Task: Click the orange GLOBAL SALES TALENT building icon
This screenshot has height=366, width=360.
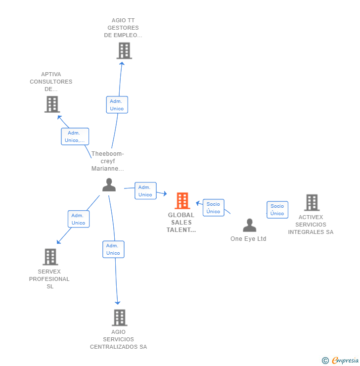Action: point(182,201)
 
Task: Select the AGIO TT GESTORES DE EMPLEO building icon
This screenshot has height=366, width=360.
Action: point(124,50)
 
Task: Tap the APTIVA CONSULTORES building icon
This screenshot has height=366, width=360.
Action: point(52,104)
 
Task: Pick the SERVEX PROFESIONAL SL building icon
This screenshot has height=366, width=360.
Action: point(50,257)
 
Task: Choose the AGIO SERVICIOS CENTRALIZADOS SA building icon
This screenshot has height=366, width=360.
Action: point(120,318)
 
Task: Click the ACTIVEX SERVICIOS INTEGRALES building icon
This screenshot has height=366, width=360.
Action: point(312,203)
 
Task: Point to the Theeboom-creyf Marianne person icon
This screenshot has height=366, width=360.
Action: point(109,185)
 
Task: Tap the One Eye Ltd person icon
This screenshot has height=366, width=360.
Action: point(249,225)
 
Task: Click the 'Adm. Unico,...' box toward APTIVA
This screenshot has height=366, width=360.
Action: point(75,137)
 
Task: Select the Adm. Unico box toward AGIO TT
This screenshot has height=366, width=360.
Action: point(117,105)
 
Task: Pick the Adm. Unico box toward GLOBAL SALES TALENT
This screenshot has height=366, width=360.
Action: point(145,191)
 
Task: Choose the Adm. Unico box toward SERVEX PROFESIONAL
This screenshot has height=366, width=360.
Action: point(79,219)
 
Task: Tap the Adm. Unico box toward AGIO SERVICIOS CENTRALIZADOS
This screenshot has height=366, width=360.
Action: point(113,249)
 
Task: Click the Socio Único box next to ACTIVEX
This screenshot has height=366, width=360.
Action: point(277,210)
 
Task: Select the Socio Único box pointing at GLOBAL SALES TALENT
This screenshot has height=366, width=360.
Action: point(213,208)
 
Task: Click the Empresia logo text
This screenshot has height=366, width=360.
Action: point(345,360)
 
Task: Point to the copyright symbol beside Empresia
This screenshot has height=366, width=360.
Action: point(325,361)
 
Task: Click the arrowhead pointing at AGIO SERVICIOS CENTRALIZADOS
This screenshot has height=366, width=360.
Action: point(117,303)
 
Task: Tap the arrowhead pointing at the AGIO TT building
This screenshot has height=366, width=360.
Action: point(122,63)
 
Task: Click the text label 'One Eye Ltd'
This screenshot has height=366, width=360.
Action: point(248,239)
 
